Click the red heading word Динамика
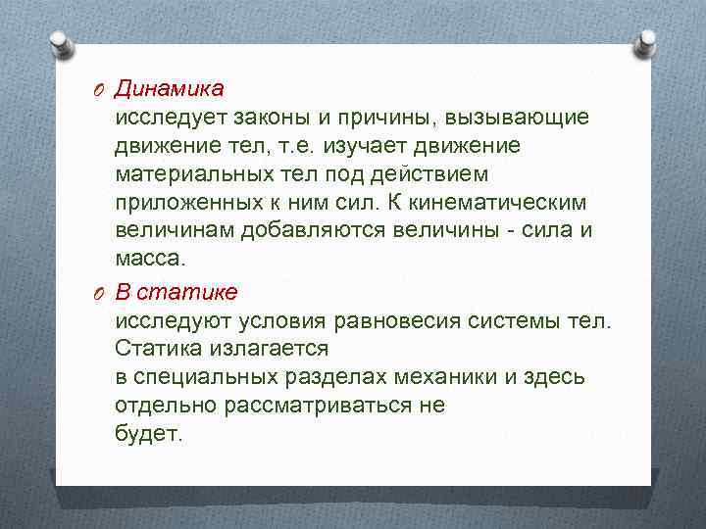click(169, 89)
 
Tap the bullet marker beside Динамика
click(101, 90)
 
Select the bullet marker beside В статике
click(101, 293)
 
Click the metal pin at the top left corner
click(61, 45)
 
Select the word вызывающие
click(517, 119)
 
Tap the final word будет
click(148, 434)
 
